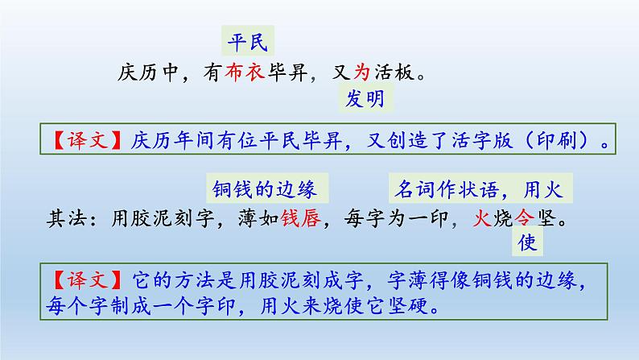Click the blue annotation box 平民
[x=248, y=39]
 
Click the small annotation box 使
[x=527, y=242]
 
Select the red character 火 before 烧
[x=480, y=217]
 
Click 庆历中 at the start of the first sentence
[x=146, y=72]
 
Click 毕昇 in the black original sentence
[x=303, y=72]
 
